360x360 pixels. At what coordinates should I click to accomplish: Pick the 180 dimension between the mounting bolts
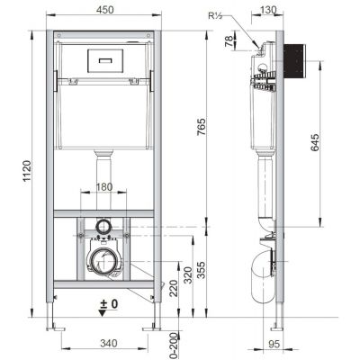(104, 187)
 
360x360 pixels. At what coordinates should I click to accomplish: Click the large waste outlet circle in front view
(102, 261)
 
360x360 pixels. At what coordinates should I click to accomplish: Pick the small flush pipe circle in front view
(103, 225)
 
